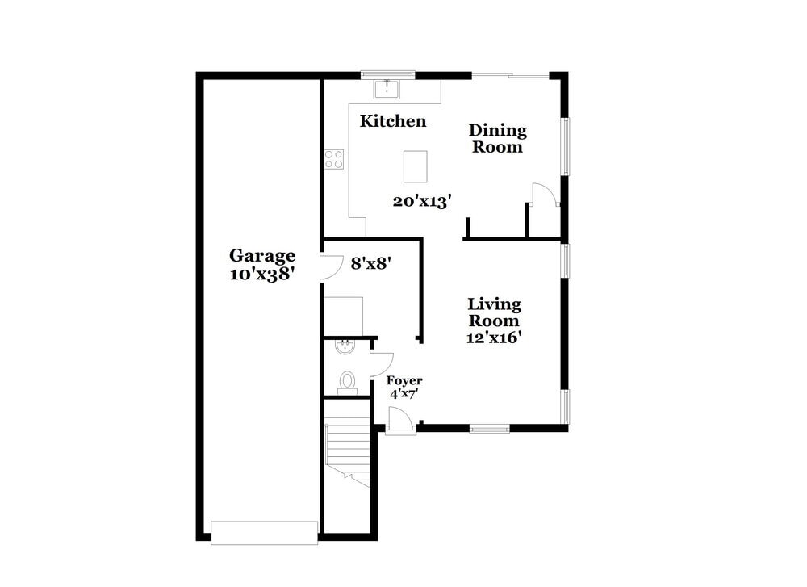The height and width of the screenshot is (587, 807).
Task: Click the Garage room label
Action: (262, 256)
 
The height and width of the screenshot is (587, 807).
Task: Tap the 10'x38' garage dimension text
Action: (262, 274)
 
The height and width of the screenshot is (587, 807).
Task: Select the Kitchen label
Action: (393, 122)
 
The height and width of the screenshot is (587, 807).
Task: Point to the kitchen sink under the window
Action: (388, 86)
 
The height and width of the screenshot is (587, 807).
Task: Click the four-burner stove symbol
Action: (333, 159)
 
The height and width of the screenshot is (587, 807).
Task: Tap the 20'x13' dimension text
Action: (420, 201)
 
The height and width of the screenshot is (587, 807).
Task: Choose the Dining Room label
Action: (498, 139)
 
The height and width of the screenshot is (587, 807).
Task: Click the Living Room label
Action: (494, 312)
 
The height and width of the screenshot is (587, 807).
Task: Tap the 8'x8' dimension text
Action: (370, 262)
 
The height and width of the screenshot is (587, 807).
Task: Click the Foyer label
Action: (404, 381)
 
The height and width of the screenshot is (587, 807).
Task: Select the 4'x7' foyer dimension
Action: (404, 394)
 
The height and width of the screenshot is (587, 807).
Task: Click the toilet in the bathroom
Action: (348, 380)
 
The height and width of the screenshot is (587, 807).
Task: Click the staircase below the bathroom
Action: (347, 452)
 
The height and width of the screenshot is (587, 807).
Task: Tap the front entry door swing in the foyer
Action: (399, 420)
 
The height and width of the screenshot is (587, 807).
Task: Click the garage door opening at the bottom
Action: (264, 533)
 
